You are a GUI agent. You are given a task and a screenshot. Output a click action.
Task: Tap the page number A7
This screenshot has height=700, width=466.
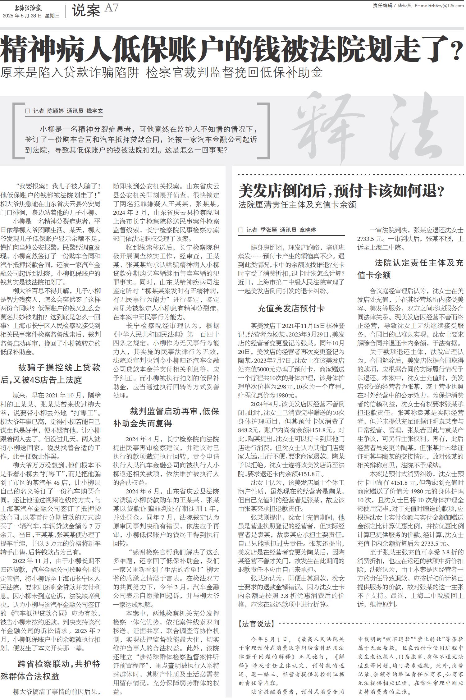pyautogui.click(x=112, y=8)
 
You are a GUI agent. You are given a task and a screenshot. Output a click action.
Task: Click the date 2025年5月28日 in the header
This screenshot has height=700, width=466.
pyautogui.click(x=22, y=16)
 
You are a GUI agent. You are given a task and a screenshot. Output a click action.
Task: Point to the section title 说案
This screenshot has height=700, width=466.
pyautogui.click(x=86, y=10)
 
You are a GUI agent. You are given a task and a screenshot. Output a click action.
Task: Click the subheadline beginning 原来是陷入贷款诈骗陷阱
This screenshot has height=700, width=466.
pyautogui.click(x=161, y=73)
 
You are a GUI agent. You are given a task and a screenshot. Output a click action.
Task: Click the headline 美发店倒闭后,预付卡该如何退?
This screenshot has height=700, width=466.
pyautogui.click(x=341, y=191)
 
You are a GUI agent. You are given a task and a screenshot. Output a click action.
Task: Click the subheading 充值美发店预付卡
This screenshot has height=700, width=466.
pyautogui.click(x=291, y=308)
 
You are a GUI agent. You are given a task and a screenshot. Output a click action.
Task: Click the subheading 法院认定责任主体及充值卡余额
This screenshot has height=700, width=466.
pyautogui.click(x=410, y=269)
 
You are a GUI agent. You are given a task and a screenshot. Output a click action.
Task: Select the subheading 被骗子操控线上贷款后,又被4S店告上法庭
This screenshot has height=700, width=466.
pyautogui.click(x=51, y=374)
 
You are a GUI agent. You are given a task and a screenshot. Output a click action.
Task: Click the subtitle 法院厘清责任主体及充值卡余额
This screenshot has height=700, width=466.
pyautogui.click(x=297, y=205)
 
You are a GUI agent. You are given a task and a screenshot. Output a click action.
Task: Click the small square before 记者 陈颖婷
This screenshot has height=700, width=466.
pyautogui.click(x=28, y=111)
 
